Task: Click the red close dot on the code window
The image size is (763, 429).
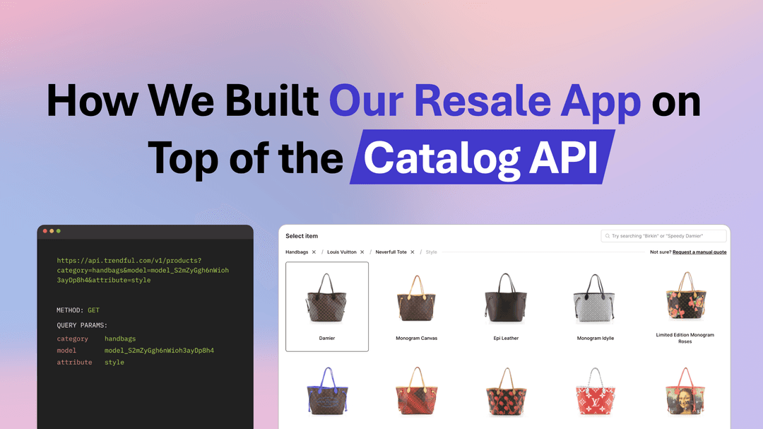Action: click(x=45, y=231)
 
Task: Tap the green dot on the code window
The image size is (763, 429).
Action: click(x=59, y=231)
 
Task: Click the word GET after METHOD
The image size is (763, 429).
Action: click(x=93, y=310)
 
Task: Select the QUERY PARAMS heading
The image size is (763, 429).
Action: click(x=82, y=325)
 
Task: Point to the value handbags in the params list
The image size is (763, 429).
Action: click(x=120, y=339)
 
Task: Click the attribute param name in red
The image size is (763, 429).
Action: click(x=74, y=363)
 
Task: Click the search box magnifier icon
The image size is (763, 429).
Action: click(x=607, y=236)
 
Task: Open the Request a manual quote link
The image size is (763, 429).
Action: click(x=699, y=252)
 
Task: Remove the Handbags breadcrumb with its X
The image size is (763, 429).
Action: click(x=314, y=252)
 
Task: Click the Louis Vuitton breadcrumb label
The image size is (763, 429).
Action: click(x=341, y=252)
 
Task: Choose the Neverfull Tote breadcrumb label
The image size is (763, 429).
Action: click(x=391, y=252)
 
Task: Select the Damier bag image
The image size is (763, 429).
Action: click(x=326, y=298)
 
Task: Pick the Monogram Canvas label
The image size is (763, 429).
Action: click(x=416, y=339)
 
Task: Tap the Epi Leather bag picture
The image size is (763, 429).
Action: click(x=505, y=298)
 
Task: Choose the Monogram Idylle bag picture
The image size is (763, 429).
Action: click(x=595, y=298)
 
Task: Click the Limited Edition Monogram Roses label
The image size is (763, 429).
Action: click(x=684, y=338)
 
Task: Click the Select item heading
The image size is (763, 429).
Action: click(x=302, y=236)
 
